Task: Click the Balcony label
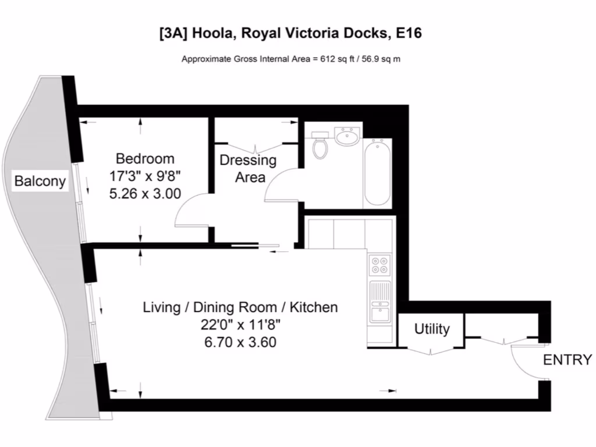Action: point(40,181)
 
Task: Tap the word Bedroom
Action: point(145,158)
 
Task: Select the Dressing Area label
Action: point(248,169)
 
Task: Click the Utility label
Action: point(432,329)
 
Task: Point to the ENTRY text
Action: point(567,360)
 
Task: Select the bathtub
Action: point(378,172)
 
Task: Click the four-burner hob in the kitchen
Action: point(380,265)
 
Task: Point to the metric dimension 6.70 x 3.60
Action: point(240,342)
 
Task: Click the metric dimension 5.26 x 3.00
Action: point(145,194)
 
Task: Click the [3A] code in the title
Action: point(171,33)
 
